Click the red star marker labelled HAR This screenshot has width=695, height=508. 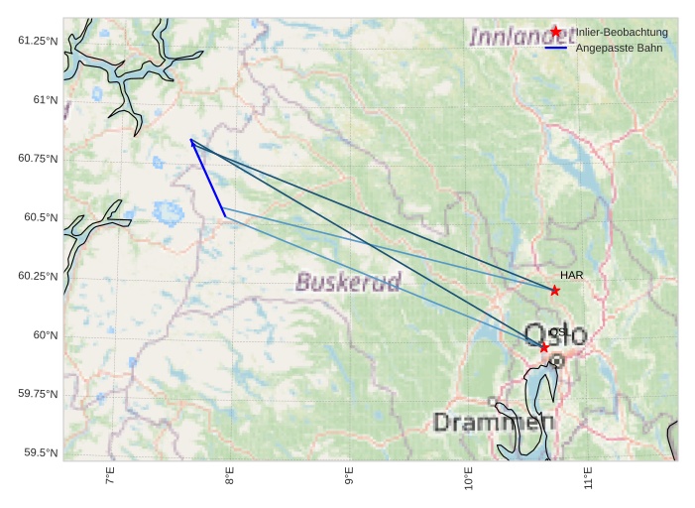[x=555, y=291]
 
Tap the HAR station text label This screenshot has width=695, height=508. [x=571, y=275]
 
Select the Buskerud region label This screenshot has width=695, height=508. [x=349, y=283]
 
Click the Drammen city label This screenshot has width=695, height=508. [x=493, y=423]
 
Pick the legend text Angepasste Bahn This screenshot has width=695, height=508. [x=619, y=48]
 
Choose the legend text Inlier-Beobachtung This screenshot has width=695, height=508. [x=622, y=33]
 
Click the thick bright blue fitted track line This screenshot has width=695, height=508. [x=208, y=179]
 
